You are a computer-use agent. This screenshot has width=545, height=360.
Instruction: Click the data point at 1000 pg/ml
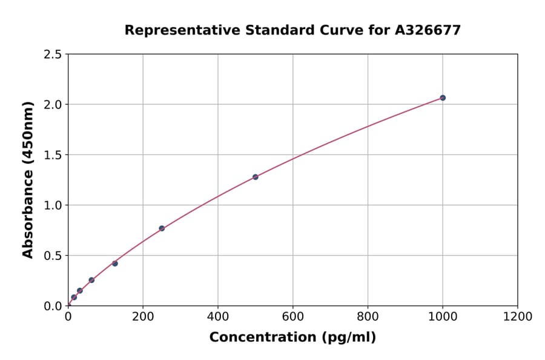(443, 98)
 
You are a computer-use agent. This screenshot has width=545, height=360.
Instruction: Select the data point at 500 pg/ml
(256, 177)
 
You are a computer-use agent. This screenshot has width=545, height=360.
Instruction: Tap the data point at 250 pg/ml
(162, 228)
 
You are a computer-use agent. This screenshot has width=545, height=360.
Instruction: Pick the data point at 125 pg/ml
(115, 264)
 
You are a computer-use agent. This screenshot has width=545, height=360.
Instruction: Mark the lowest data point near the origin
(74, 298)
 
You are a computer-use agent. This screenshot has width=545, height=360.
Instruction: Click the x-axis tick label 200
(143, 316)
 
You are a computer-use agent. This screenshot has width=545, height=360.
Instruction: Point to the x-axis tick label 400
(218, 316)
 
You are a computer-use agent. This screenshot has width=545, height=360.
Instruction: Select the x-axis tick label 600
(292, 316)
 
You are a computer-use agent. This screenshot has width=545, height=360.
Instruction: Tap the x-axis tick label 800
(368, 316)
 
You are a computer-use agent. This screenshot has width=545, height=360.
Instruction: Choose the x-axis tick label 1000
(443, 316)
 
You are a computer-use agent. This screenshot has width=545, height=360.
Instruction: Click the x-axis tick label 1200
(518, 316)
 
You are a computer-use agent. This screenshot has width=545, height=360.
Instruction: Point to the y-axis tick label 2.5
(53, 55)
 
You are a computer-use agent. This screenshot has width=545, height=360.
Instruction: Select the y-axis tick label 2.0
(53, 105)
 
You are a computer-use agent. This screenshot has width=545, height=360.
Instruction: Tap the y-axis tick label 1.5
(53, 155)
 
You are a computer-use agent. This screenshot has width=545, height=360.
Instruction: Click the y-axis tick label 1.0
(53, 205)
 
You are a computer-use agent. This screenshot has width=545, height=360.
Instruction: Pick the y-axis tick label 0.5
(53, 256)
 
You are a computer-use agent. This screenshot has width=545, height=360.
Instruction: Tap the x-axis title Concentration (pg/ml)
(292, 338)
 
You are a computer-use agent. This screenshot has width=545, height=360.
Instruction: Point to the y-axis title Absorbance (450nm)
(28, 179)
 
